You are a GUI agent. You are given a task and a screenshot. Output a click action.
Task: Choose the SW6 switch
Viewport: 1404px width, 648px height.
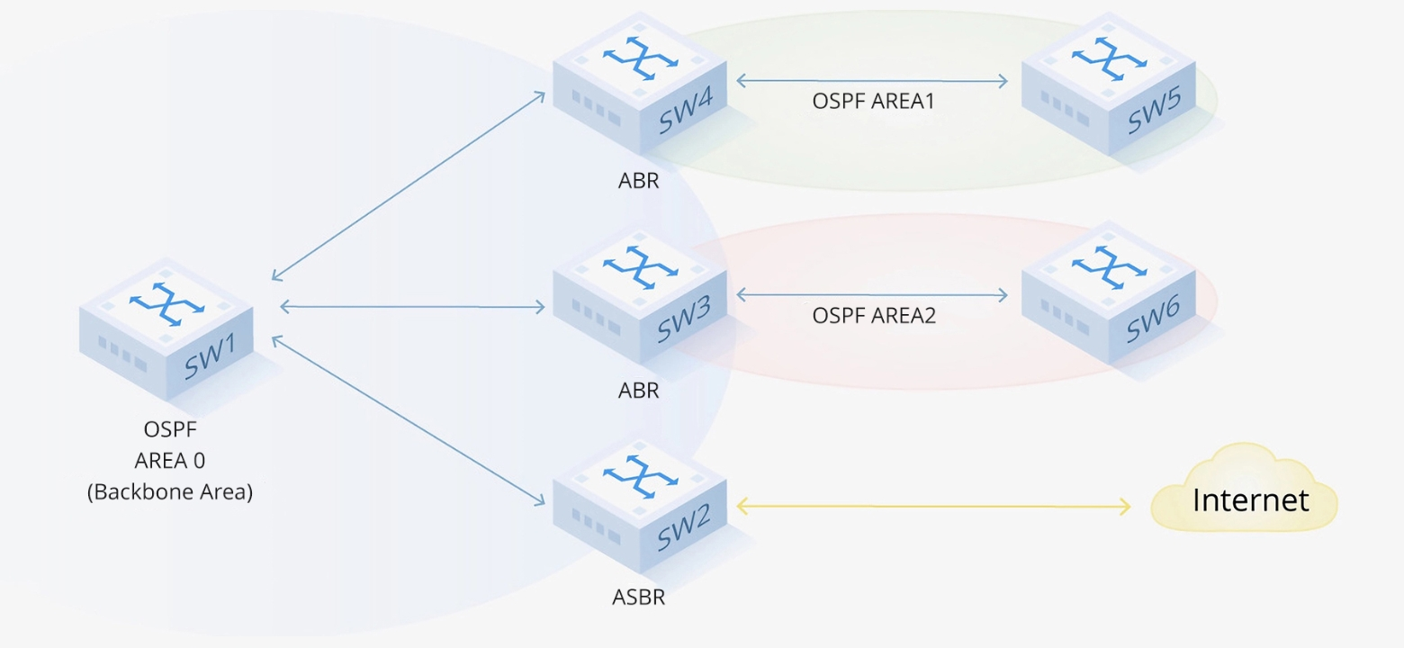tap(1109, 297)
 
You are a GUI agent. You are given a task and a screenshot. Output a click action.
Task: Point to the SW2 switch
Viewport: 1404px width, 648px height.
tap(640, 508)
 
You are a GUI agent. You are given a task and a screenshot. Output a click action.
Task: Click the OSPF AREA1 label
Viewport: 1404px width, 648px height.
tap(873, 102)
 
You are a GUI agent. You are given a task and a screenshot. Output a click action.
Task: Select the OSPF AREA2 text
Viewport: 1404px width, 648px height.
tap(874, 316)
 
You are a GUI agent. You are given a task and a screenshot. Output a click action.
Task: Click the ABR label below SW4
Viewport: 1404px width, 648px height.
tap(638, 180)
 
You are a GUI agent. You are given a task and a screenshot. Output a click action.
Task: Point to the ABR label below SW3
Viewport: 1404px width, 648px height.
tap(638, 391)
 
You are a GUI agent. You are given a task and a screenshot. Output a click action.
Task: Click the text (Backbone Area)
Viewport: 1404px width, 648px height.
tap(170, 492)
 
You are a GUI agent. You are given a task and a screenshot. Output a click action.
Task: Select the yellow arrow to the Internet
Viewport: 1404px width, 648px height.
tap(933, 508)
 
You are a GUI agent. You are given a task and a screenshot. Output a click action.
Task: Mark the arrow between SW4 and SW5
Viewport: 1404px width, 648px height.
tap(871, 82)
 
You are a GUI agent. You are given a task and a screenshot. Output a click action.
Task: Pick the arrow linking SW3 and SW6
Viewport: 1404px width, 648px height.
tap(871, 294)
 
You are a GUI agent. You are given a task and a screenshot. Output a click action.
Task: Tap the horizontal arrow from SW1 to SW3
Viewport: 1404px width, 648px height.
tap(412, 307)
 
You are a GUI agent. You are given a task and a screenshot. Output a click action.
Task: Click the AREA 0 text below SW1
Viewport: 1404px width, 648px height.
tap(170, 461)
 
